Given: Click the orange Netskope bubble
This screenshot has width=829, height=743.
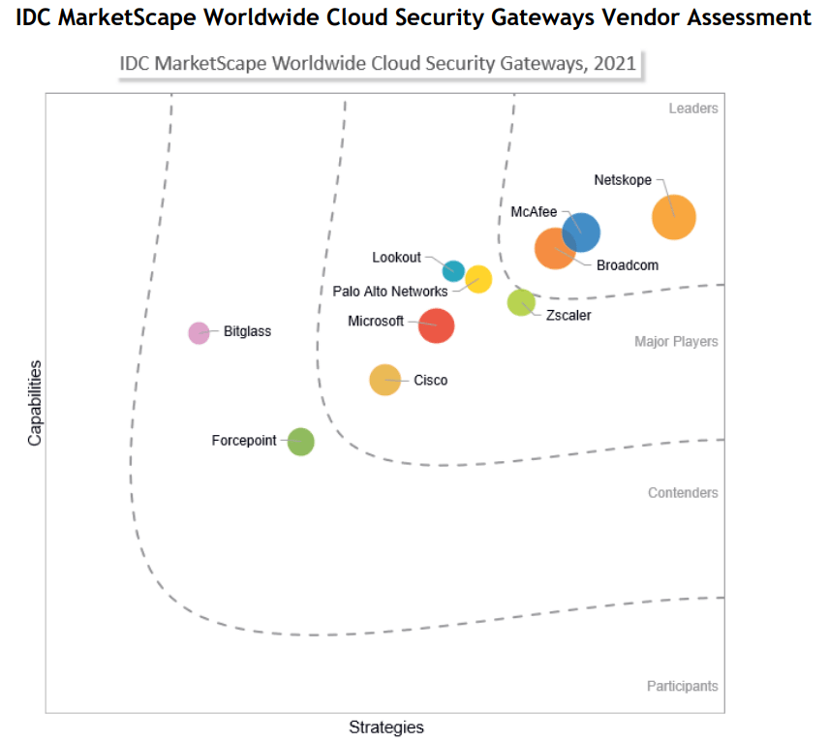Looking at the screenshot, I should (x=674, y=216).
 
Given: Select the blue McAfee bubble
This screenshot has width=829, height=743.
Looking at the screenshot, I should (x=581, y=232).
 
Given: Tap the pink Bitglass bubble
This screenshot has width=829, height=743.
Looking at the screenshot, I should (x=199, y=332).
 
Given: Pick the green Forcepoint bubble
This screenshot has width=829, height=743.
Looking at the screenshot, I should (x=301, y=442).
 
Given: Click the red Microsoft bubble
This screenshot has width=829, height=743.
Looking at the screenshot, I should (x=436, y=325).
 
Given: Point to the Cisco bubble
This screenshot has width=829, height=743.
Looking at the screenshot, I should (x=384, y=380).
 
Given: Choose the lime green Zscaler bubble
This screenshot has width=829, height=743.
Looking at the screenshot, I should (x=521, y=302).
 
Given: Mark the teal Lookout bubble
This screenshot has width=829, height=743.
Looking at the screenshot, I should (x=453, y=271).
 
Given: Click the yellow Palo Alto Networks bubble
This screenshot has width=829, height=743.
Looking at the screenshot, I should (x=478, y=279).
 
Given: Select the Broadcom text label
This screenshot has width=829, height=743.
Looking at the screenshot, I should (x=627, y=265).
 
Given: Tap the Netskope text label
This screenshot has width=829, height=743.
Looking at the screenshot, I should (x=623, y=180).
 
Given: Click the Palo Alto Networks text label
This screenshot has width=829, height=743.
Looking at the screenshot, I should (x=390, y=291).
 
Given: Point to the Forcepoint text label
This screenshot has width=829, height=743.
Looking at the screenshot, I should (x=244, y=441).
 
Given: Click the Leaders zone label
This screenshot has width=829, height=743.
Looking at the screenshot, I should (x=693, y=108).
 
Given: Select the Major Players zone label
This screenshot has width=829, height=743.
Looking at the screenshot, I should (x=676, y=341).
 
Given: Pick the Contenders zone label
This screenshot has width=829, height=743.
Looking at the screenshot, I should (x=683, y=493).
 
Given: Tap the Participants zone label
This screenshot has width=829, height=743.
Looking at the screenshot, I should (x=682, y=686).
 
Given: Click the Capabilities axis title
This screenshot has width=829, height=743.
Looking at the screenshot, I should (x=35, y=403).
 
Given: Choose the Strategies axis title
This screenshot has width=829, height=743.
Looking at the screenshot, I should (x=386, y=728).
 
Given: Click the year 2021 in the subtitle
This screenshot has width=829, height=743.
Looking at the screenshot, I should (x=617, y=64).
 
